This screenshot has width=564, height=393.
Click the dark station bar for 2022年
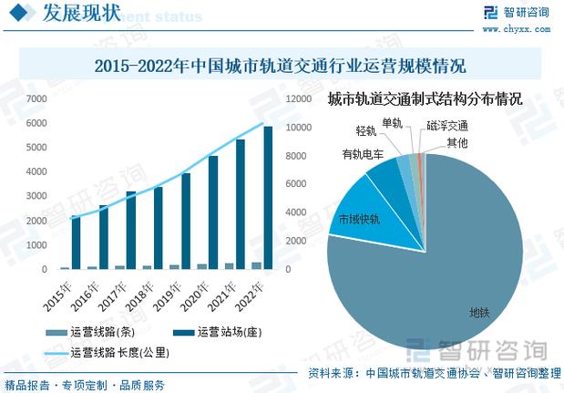(x=268, y=198)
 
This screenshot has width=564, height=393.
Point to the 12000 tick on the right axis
(x=297, y=98)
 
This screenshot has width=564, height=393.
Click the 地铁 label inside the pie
(x=479, y=313)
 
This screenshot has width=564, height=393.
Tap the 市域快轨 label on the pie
(x=358, y=220)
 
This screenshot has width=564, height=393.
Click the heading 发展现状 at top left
(x=81, y=14)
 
